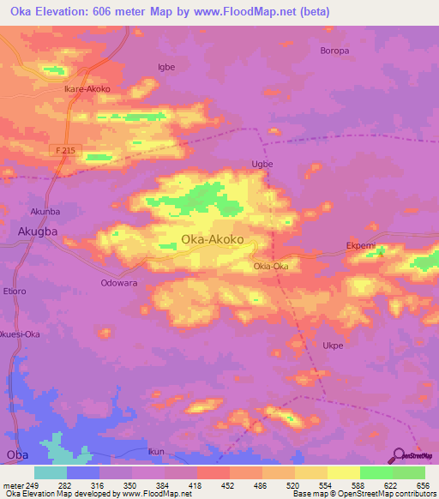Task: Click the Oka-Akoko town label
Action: click(217, 241)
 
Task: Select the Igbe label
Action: click(166, 66)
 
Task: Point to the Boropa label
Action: click(334, 51)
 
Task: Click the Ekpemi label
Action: click(361, 244)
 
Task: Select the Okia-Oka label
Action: click(270, 266)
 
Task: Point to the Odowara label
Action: click(119, 282)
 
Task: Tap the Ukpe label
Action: click(333, 346)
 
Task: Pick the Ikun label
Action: click(155, 451)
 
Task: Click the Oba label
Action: click(15, 454)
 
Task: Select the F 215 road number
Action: click(67, 150)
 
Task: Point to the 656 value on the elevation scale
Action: click(422, 485)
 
